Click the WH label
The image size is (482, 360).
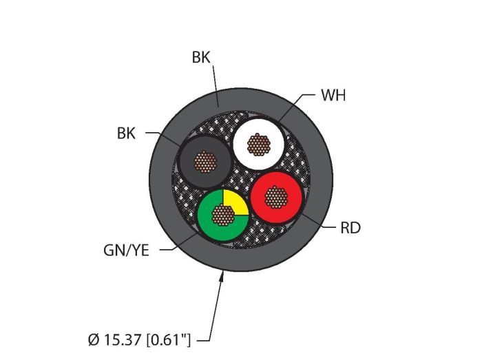tap(333, 95)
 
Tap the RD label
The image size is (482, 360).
tap(350, 228)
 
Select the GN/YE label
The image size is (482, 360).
tap(126, 251)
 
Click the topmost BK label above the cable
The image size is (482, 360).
tap(201, 57)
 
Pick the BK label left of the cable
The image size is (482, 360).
tap(126, 134)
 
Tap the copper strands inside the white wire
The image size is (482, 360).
tap(259, 145)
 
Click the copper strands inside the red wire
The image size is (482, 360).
tap(276, 197)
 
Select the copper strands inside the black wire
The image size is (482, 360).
tap(205, 162)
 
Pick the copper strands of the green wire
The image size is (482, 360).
tap(223, 215)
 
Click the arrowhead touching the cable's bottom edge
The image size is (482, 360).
tap(221, 276)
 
